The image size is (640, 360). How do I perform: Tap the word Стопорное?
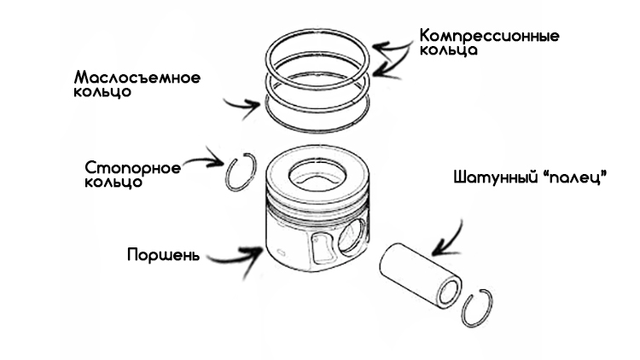pyautogui.click(x=133, y=167)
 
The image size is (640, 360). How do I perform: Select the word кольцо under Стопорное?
pyautogui.click(x=113, y=183)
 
